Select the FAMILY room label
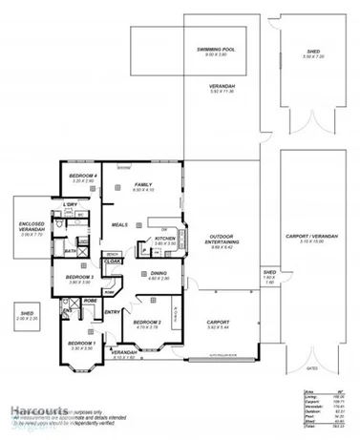pyautogui.click(x=143, y=184)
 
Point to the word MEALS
pyautogui.click(x=119, y=225)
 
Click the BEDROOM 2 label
pyautogui.click(x=146, y=324)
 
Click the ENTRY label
pyautogui.click(x=112, y=312)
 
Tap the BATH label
pyautogui.click(x=71, y=251)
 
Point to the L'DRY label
pyautogui.click(x=70, y=205)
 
